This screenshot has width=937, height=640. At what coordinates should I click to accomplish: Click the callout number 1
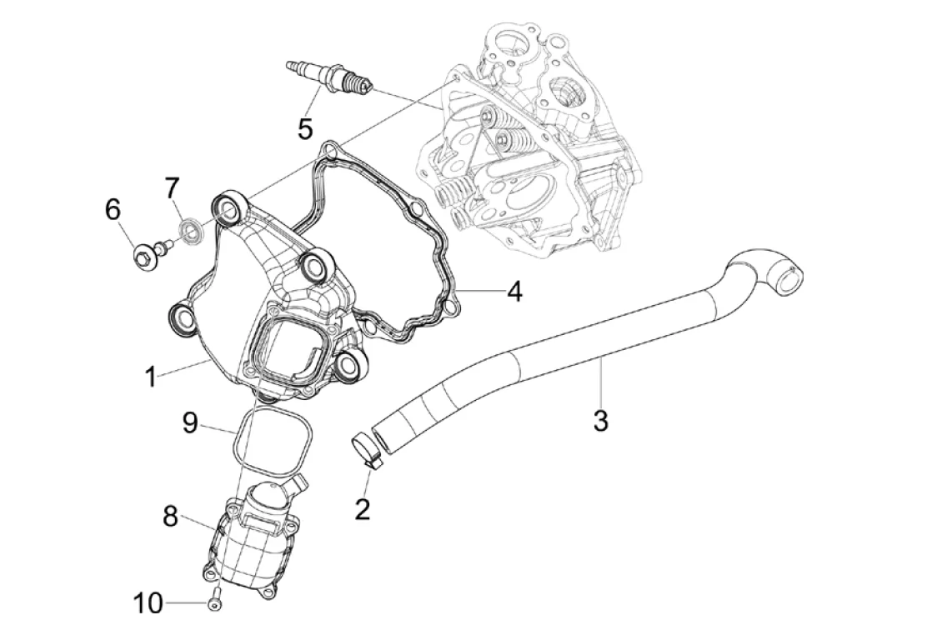tap(150, 377)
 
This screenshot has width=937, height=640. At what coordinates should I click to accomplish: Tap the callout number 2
tap(362, 507)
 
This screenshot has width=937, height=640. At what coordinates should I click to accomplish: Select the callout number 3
tap(600, 420)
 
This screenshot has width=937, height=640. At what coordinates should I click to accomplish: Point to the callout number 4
tap(514, 291)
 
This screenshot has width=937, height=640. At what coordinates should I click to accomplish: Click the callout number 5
tap(305, 128)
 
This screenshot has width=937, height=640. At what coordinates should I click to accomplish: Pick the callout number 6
tap(113, 209)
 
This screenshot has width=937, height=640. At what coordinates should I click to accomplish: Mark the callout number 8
tap(170, 517)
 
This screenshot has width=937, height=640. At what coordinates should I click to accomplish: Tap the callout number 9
tap(190, 422)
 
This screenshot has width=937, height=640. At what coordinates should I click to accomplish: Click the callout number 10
tap(148, 602)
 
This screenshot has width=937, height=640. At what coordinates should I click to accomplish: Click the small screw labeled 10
tap(216, 598)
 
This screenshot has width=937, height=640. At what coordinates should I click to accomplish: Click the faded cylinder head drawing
tap(534, 142)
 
